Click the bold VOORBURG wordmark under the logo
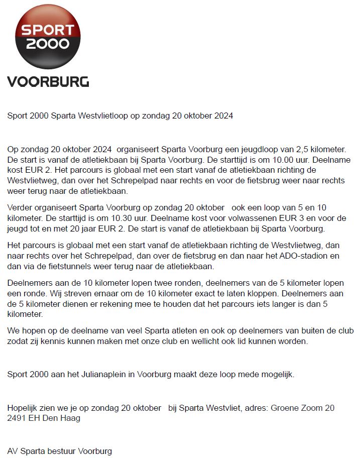(x=48, y=81)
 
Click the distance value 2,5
(x=295, y=149)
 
